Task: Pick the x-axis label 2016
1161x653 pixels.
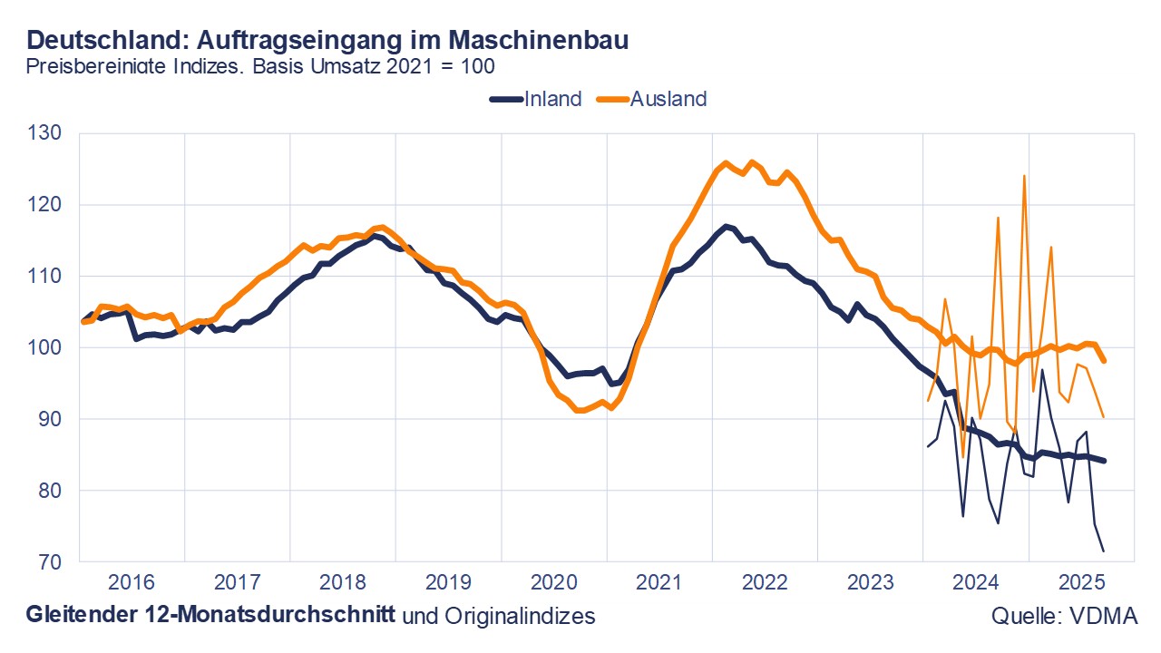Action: click(x=132, y=581)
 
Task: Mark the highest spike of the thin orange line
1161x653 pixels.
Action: click(x=1024, y=177)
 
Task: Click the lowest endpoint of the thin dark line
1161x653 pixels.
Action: click(x=1104, y=551)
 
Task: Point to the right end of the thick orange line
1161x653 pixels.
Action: click(x=1104, y=360)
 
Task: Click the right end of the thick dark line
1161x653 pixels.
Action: click(x=1104, y=461)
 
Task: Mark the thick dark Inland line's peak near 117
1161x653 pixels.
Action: click(x=725, y=226)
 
